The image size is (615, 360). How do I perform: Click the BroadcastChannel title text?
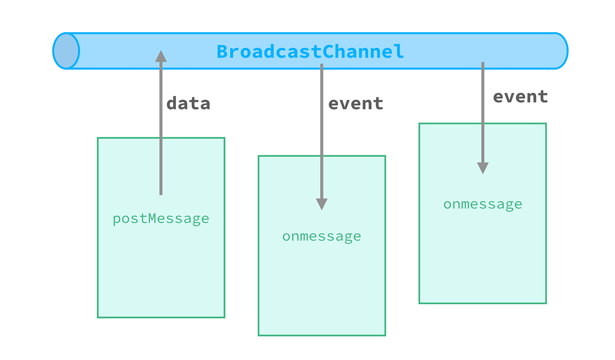310,52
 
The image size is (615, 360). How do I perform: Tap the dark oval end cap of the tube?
67,51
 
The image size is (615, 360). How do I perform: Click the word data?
188,104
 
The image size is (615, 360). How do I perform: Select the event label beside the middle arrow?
356,104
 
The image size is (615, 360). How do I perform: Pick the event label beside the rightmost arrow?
520,97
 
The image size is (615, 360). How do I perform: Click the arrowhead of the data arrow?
161,56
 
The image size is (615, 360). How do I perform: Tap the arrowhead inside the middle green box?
321,204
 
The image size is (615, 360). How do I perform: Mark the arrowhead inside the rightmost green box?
482,168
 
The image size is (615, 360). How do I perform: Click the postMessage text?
161,219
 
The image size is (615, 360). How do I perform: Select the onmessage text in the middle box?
321,236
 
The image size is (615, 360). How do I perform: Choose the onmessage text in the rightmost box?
482,204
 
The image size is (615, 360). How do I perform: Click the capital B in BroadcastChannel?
222,52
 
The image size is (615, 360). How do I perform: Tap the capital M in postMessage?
151,219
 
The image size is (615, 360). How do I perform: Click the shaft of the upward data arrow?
161,128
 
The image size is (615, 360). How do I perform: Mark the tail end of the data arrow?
161,193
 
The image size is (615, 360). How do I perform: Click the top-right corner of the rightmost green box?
546,124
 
